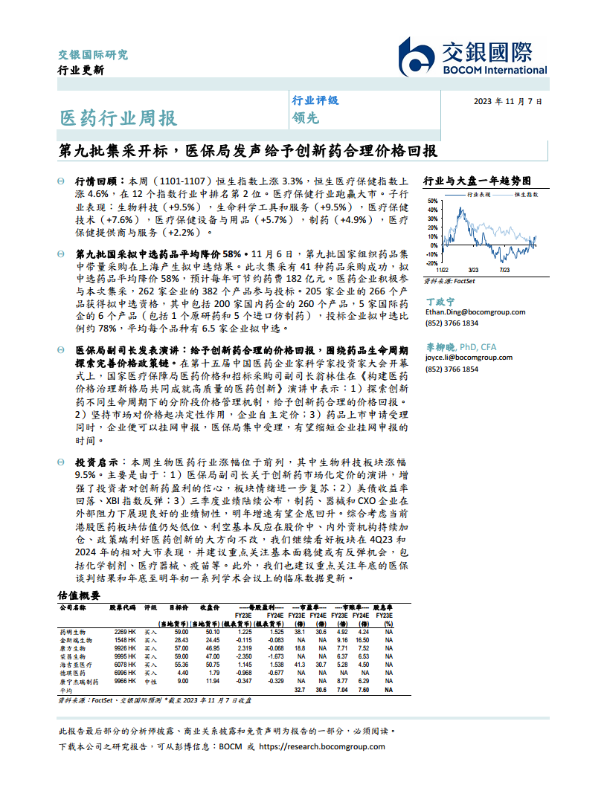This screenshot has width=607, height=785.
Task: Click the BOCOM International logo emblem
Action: tap(419, 56)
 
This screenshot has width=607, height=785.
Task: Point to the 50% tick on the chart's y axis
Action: tap(432, 201)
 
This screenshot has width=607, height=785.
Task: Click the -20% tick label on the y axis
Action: tap(431, 262)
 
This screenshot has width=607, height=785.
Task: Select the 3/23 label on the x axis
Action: tap(473, 270)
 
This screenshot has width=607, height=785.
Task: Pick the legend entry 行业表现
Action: tap(478, 194)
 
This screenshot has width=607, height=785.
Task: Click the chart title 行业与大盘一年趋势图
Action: tap(477, 180)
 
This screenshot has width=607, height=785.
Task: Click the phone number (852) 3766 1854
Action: tap(452, 369)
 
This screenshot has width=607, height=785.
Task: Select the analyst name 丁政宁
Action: tap(440, 302)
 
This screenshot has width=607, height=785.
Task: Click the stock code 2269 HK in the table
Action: tap(123, 631)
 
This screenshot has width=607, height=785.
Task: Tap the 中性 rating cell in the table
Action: tap(150, 681)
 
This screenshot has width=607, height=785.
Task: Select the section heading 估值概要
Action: tap(79, 595)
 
